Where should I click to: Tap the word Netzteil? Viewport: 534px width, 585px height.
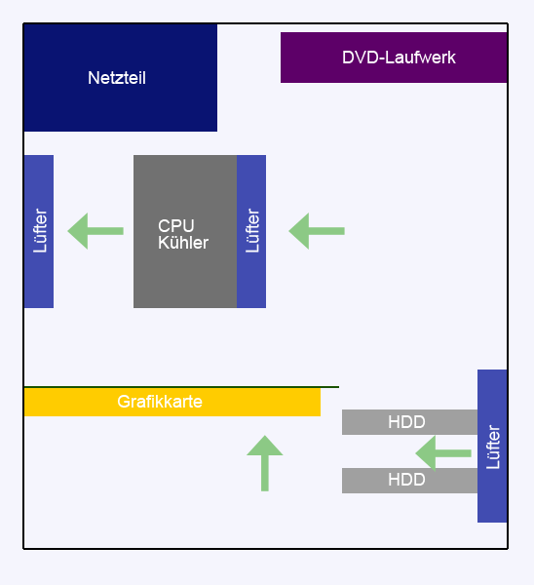click(x=117, y=78)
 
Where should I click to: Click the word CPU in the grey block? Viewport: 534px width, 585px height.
click(x=170, y=225)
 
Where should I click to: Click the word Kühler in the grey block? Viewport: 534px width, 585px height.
click(x=183, y=243)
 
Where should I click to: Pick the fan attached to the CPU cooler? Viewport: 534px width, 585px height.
click(x=251, y=231)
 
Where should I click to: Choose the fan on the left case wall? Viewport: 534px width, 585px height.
click(x=39, y=231)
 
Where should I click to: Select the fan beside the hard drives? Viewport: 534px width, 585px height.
click(x=492, y=446)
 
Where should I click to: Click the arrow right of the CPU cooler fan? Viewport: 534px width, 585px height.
click(x=317, y=231)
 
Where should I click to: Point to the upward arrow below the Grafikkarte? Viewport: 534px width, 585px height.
click(x=264, y=463)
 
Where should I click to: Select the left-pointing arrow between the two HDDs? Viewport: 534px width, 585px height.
click(x=443, y=452)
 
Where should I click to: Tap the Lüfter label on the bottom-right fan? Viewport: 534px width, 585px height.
click(x=493, y=446)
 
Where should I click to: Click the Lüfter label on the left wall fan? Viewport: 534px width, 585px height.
click(x=40, y=231)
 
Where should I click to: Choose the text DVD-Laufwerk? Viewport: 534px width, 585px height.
click(x=399, y=58)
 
